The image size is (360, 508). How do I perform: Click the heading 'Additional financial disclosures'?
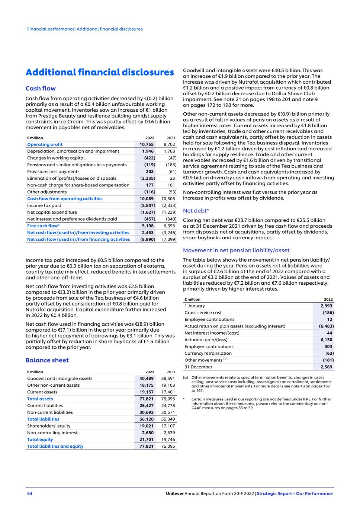100,72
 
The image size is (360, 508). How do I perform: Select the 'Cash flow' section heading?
41,89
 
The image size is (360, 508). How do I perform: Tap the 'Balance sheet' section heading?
47,360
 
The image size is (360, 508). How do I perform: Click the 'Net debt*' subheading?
196,211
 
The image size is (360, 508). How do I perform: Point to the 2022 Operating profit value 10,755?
147,144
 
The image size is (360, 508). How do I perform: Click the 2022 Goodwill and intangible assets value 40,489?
147,378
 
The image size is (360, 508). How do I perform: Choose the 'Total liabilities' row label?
43,419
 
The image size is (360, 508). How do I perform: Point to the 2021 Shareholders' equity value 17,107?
168,426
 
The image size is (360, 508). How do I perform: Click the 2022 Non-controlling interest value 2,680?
148,433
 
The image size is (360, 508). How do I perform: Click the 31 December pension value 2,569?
327,367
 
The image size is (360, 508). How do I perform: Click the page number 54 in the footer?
30,493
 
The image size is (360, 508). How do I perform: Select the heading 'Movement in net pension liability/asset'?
236,250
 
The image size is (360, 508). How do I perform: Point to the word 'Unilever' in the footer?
175,493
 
